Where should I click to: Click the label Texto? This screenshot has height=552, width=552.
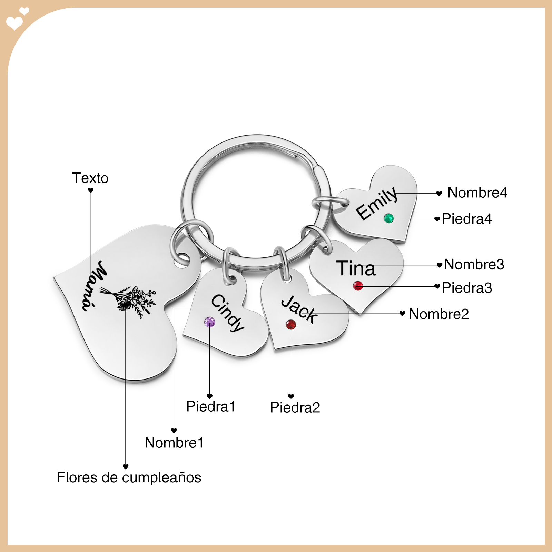coord(90,178)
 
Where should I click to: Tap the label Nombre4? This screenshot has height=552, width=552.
coord(477,193)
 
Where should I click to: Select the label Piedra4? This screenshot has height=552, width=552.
coord(467,219)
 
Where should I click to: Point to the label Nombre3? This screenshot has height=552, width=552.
coord(474,264)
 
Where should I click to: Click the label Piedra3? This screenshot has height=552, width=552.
coord(467,288)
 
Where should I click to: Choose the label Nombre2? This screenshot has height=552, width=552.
coord(439,314)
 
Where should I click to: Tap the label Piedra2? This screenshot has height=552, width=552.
coord(295,407)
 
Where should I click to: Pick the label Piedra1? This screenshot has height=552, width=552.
coord(211,406)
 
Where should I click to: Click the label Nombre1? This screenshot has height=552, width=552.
coord(174,443)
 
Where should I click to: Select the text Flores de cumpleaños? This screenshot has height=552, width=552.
coord(129,477)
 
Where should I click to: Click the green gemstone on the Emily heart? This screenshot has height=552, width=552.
coord(388,218)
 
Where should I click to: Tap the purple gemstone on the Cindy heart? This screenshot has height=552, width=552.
coord(209,322)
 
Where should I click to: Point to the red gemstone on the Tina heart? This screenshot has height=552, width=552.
coord(358,286)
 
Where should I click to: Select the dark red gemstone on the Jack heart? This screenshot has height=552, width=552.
coord(291,324)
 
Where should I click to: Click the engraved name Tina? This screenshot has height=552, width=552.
coord(356,268)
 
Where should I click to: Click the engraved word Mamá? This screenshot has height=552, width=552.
coord(94,285)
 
